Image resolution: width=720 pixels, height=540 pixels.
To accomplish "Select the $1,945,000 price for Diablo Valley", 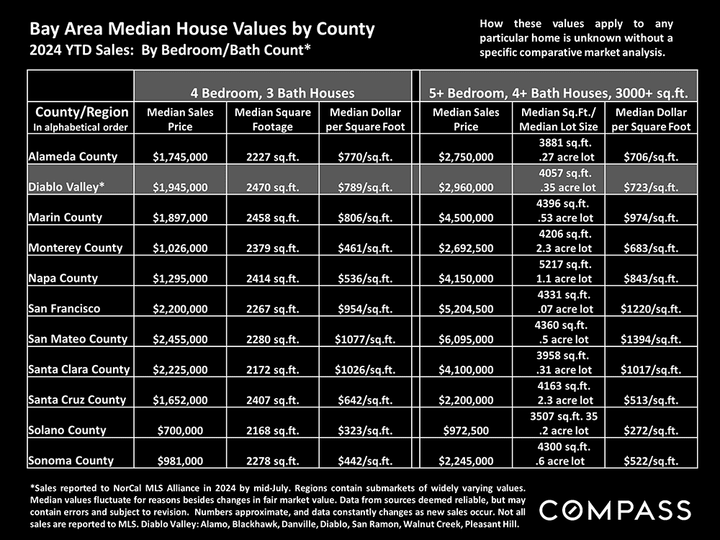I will [181, 187].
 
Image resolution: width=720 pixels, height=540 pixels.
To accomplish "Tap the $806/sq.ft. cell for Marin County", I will [364, 217].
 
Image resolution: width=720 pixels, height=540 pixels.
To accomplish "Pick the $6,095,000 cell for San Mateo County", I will [466, 339].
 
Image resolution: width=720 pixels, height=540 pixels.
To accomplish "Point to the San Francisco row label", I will [65, 308].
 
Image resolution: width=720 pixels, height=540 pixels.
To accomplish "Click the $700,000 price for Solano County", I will [181, 431].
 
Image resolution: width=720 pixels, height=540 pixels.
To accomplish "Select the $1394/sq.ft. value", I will [651, 339].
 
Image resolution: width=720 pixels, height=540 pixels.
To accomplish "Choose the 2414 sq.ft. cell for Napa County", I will [273, 279].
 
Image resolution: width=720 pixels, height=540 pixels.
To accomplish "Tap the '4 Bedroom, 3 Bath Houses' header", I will [272, 92].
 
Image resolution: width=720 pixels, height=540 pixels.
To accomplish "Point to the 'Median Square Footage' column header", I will [273, 120].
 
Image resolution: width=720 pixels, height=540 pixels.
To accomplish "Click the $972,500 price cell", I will [466, 431].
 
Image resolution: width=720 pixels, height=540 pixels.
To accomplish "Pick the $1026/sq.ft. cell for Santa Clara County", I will [364, 370].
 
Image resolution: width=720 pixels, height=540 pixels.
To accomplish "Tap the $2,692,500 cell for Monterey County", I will [466, 248].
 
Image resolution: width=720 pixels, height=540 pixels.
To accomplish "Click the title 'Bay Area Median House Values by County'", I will [202, 30].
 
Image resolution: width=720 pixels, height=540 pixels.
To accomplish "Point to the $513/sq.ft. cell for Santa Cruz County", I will [651, 400].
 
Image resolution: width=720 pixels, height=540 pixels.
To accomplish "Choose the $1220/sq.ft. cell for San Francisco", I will [651, 309].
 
